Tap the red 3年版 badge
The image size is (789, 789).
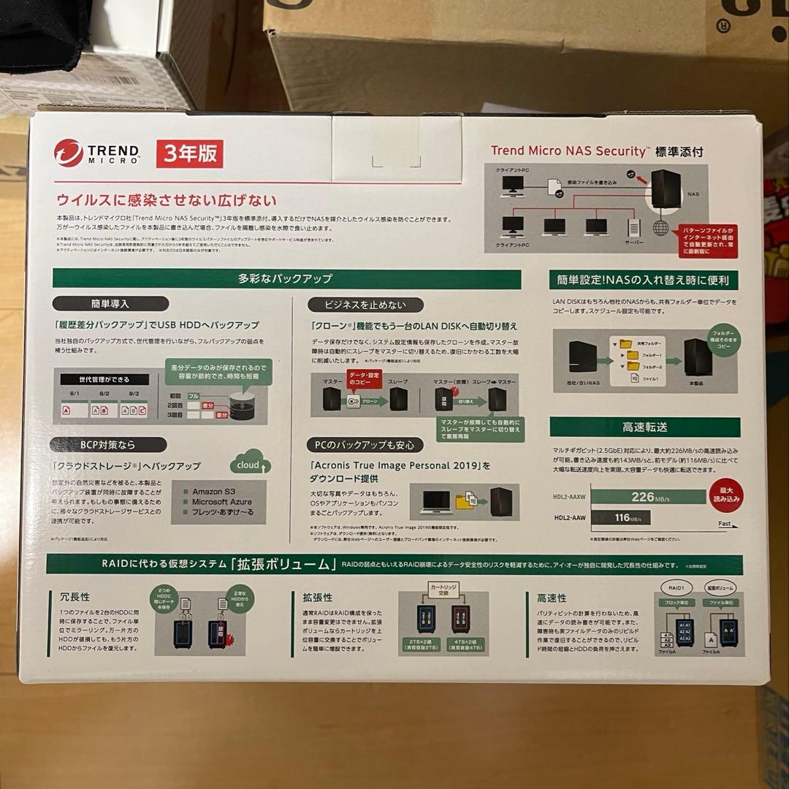tap(189, 153)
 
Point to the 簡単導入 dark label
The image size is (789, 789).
tap(110, 303)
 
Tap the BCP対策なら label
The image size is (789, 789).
tap(107, 444)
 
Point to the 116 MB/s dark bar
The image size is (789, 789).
tap(621, 518)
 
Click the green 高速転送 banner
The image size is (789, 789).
tap(644, 427)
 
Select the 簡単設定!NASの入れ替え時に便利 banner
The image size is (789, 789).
tap(644, 280)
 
